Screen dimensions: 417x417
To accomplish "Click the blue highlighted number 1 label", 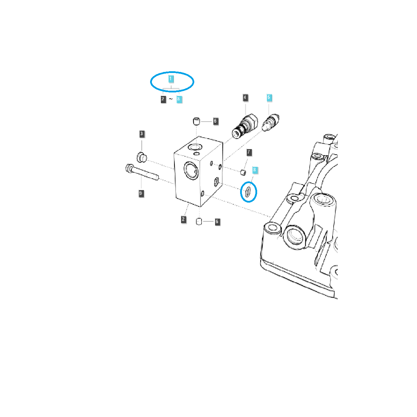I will tap(171, 79).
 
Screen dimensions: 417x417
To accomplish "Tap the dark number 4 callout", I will tap(245, 98).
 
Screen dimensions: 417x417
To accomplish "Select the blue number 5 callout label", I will tap(269, 98).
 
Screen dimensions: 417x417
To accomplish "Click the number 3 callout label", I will tap(141, 134).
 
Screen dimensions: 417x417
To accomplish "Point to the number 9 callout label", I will tap(141, 194).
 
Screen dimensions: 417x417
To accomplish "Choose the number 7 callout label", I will tap(249, 152).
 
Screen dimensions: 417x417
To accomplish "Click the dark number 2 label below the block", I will tap(183, 219).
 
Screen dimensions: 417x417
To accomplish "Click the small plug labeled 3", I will tap(141, 157).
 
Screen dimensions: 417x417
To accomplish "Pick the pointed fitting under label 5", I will tap(272, 123).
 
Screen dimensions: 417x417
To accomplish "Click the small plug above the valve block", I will tap(197, 121).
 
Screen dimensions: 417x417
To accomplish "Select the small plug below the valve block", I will tap(199, 221).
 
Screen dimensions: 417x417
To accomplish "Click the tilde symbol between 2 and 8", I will tap(171, 99).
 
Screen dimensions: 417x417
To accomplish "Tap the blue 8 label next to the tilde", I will tap(179, 99).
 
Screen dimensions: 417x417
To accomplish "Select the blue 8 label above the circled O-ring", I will tap(255, 170).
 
